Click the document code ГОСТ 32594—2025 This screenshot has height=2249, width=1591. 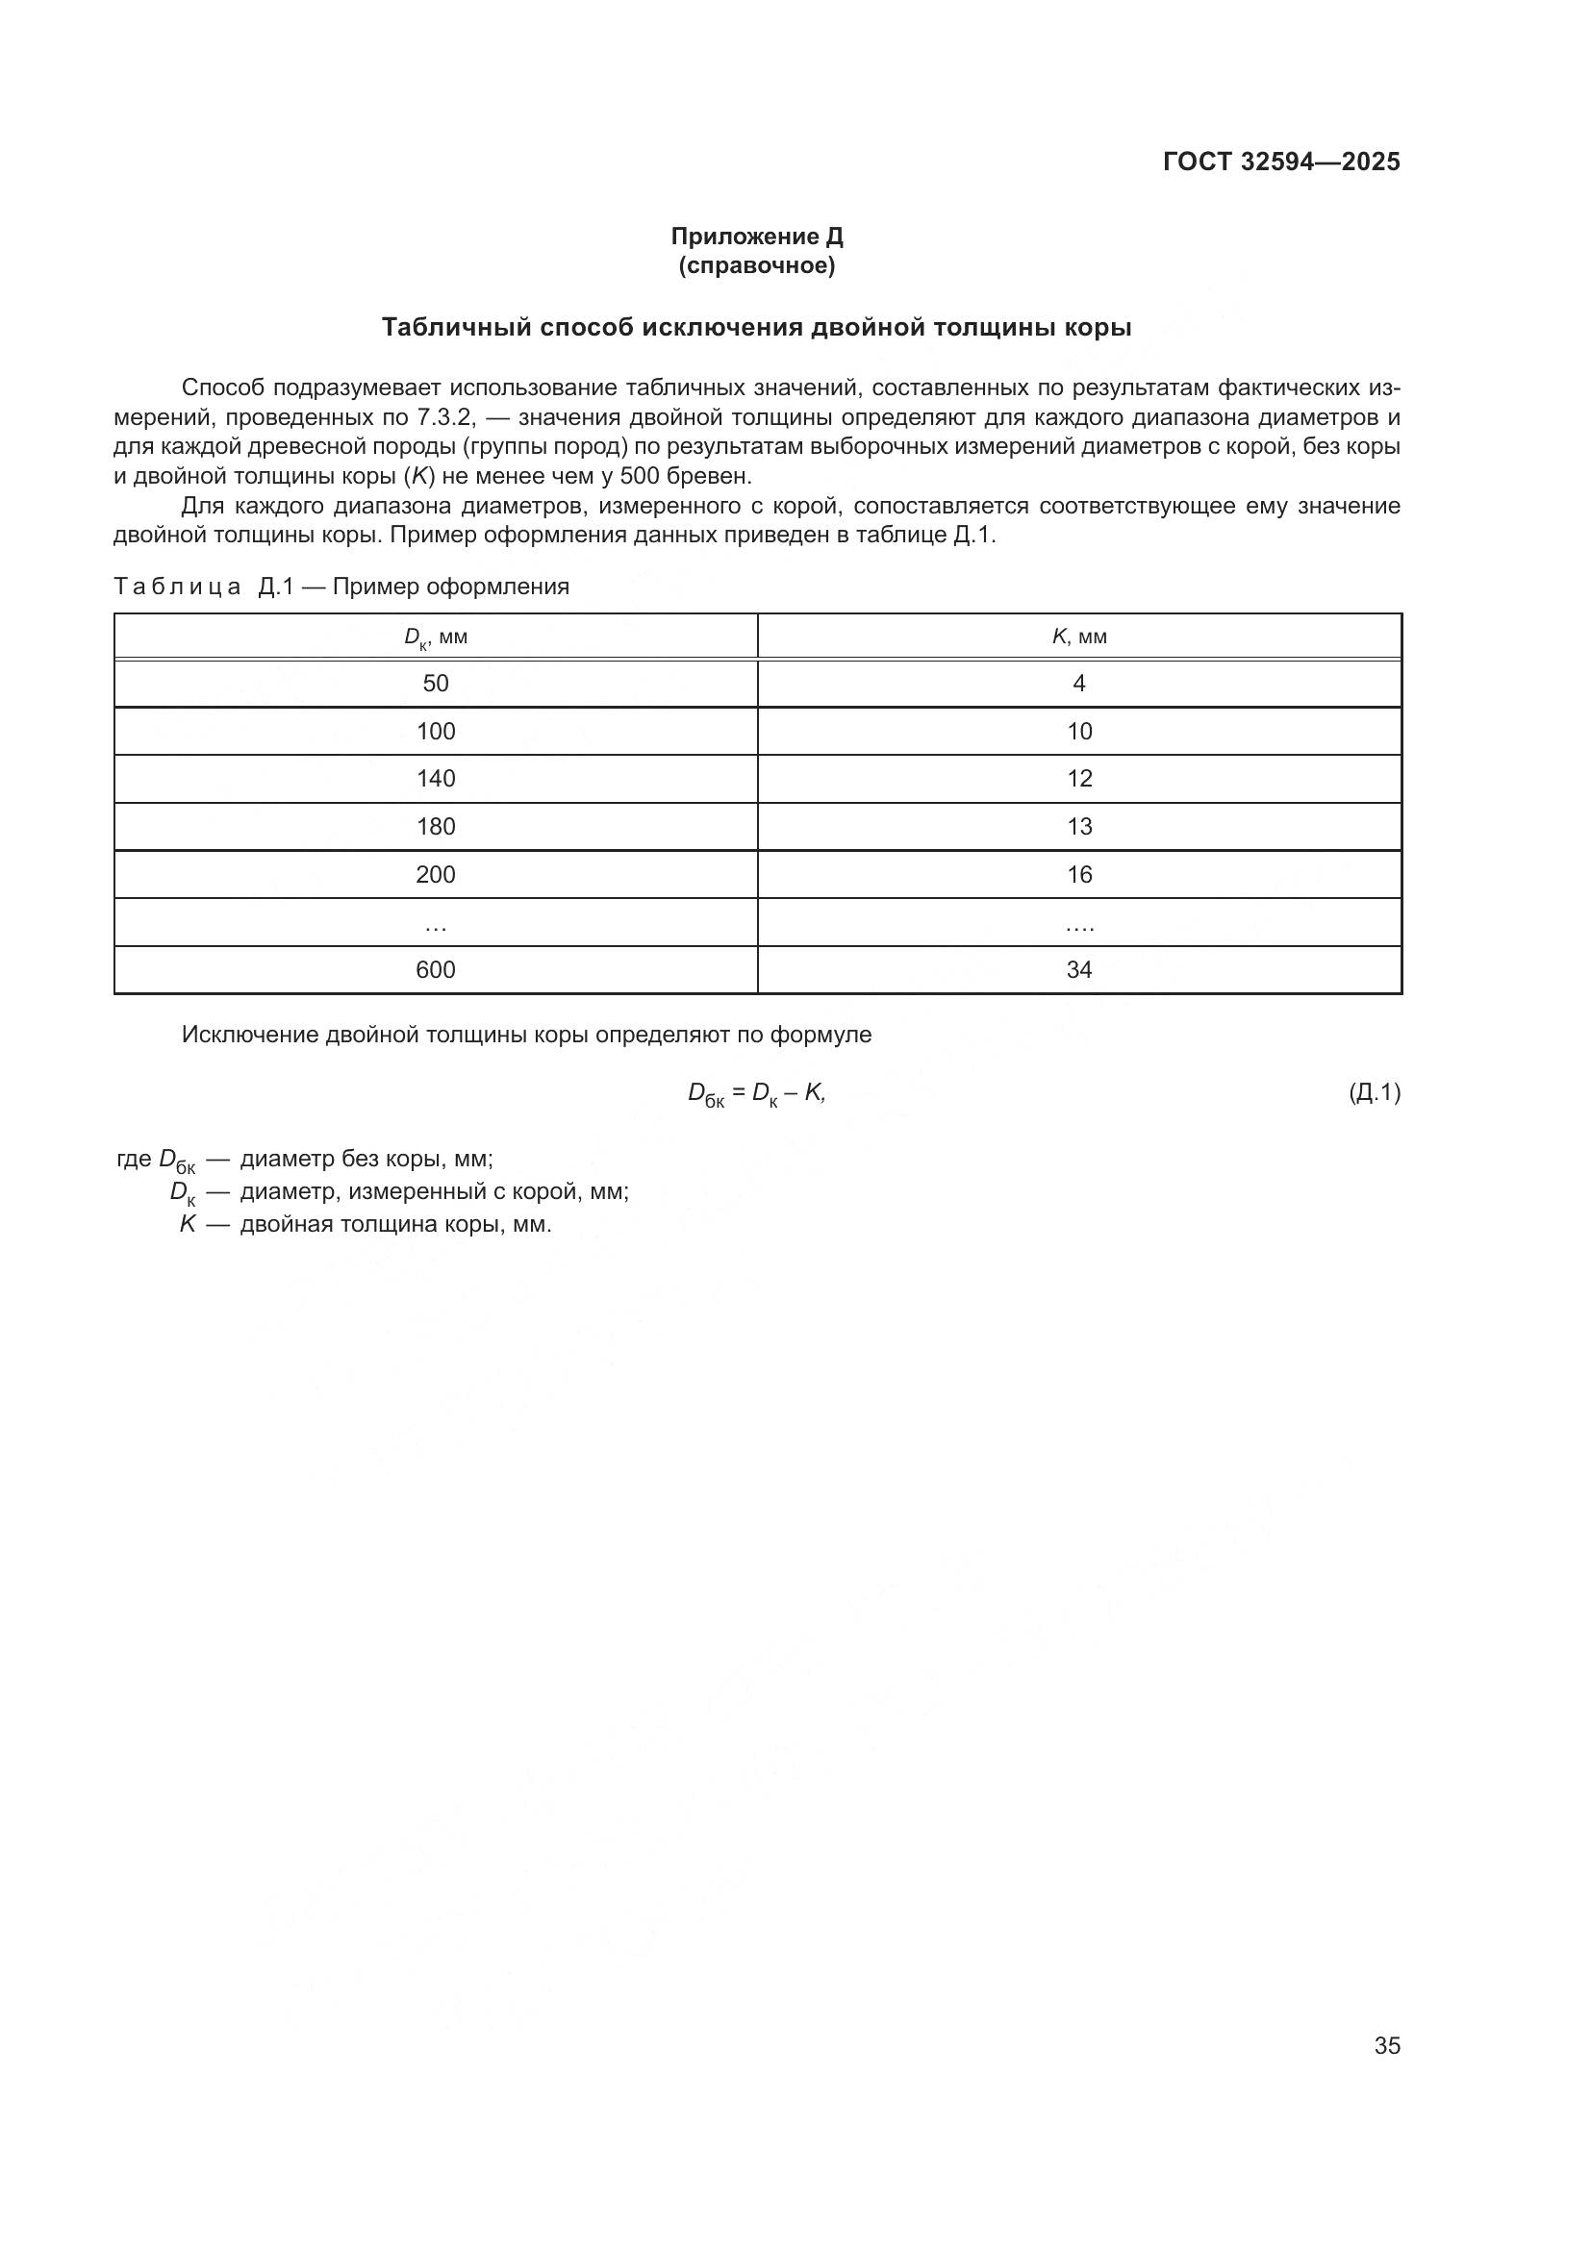click(x=1280, y=162)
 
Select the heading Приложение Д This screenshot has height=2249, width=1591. click(x=756, y=237)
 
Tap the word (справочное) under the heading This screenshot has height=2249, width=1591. click(x=756, y=265)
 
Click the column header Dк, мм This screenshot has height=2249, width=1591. click(x=436, y=637)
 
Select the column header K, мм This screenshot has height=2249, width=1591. click(x=1078, y=637)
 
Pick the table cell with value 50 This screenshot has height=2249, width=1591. click(x=436, y=684)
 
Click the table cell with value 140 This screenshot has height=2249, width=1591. click(x=436, y=779)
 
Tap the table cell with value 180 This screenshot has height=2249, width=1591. click(x=436, y=827)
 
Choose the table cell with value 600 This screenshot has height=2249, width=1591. click(x=436, y=970)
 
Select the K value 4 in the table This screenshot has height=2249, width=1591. click(x=1078, y=684)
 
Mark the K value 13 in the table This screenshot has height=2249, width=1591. click(x=1078, y=827)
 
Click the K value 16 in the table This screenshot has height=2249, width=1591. click(x=1078, y=875)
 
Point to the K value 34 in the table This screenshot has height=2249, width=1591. click(x=1078, y=970)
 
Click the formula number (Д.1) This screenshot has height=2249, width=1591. click(x=1375, y=1092)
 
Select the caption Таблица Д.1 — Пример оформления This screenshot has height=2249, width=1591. click(x=341, y=587)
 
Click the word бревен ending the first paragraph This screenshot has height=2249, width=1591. click(x=714, y=477)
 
